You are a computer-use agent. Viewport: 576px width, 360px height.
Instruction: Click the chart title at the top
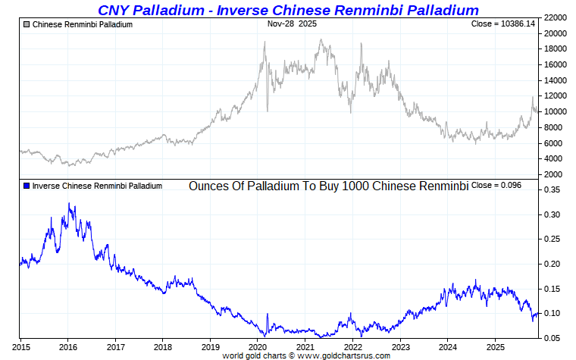[x=288, y=10]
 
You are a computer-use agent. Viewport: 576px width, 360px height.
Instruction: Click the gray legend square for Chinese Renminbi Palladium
[x=27, y=25]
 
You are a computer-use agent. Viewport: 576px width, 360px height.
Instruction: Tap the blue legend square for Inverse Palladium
[x=27, y=186]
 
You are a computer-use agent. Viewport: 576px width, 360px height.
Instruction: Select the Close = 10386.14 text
[x=502, y=24]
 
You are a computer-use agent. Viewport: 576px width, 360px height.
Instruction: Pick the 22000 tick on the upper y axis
[x=558, y=17]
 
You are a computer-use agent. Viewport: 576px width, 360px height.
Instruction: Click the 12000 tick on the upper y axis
[x=558, y=96]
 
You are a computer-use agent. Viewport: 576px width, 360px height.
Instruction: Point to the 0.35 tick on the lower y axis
[x=554, y=191]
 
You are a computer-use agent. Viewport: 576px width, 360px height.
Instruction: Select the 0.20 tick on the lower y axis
[x=554, y=265]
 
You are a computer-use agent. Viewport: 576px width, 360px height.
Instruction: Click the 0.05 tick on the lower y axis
[x=554, y=338]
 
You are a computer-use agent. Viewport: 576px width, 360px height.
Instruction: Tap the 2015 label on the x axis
[x=20, y=347]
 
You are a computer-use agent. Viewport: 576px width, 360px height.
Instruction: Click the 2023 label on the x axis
[x=400, y=347]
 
